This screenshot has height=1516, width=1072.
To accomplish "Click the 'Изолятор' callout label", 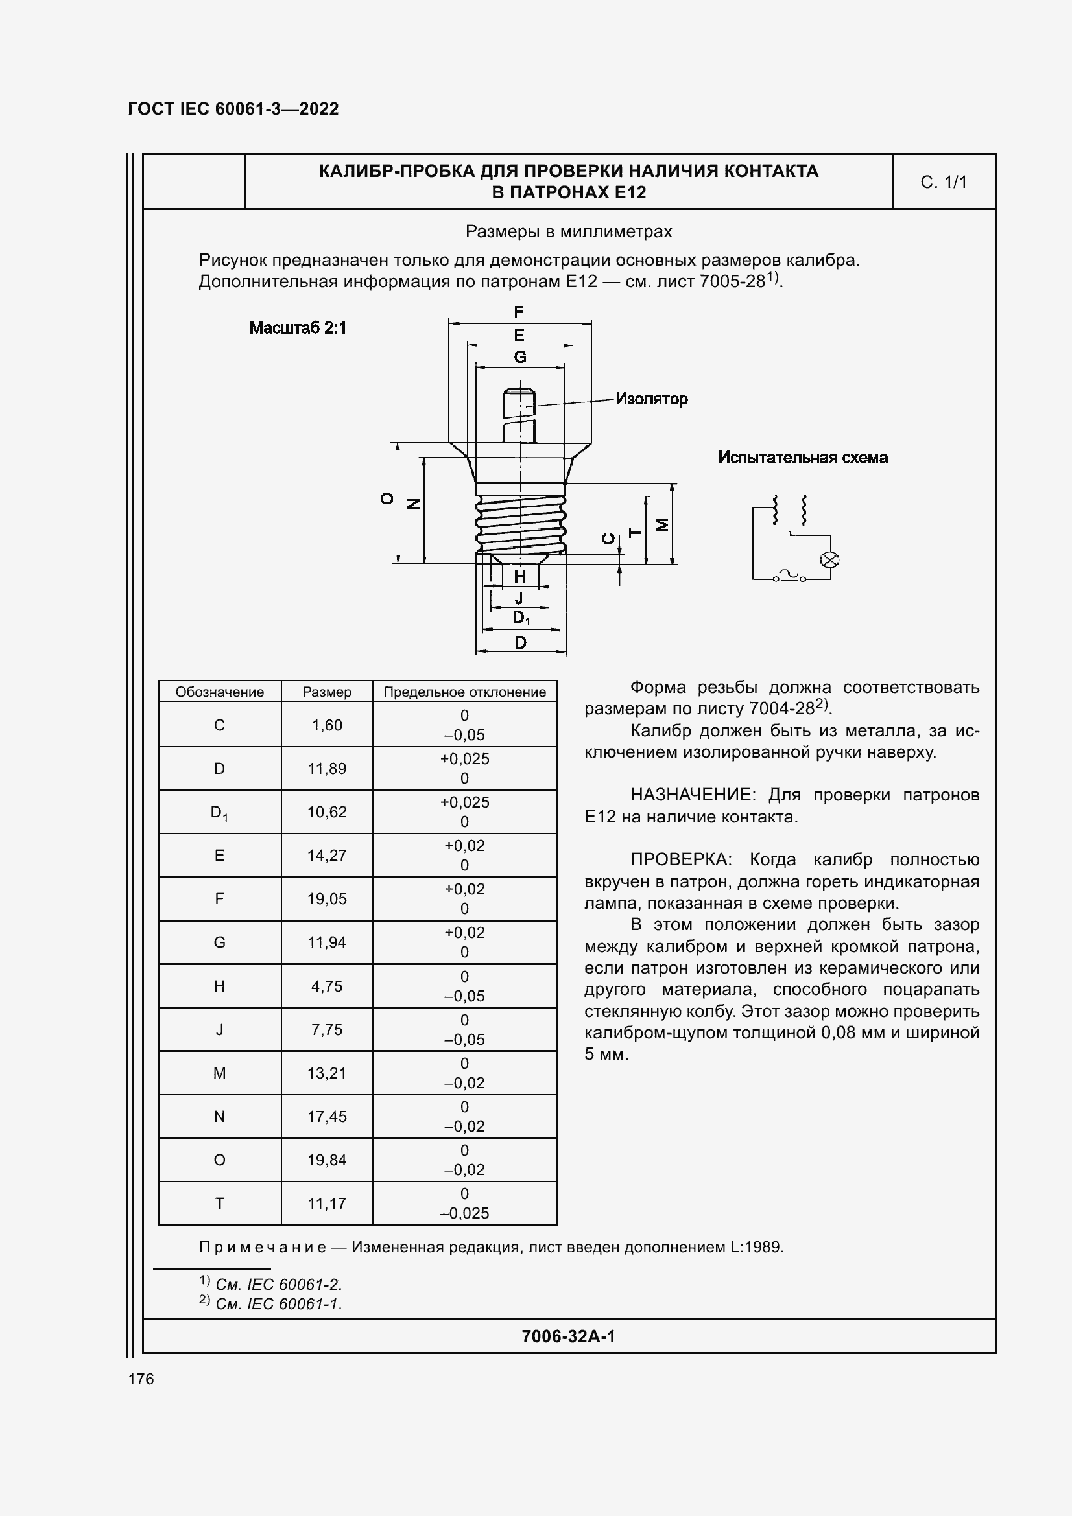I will (651, 399).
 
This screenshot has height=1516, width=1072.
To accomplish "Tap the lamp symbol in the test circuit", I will (829, 560).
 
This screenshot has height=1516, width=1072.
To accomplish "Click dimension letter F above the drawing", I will (519, 312).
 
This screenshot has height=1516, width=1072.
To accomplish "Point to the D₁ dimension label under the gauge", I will (521, 618).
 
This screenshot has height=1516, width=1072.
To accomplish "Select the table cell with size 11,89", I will (326, 769).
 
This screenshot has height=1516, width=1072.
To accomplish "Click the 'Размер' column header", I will (326, 692).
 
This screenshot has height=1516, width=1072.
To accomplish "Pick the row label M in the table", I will (219, 1073).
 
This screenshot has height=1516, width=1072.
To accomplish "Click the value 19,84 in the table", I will (326, 1160).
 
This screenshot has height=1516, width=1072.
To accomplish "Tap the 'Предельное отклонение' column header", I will (464, 692).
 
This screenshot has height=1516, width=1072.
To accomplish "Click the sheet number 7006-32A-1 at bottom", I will (568, 1336).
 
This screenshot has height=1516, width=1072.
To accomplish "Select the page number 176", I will (141, 1379).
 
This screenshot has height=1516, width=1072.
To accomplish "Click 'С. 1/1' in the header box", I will (943, 182).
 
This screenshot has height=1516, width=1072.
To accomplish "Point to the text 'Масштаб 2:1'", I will (298, 328).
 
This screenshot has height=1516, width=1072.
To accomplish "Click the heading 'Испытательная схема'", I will (802, 458).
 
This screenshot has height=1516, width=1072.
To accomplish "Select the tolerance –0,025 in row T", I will (464, 1213).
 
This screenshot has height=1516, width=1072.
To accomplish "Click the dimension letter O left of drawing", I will (387, 499).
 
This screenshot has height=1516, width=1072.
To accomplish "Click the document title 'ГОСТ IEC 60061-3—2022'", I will (233, 109).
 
